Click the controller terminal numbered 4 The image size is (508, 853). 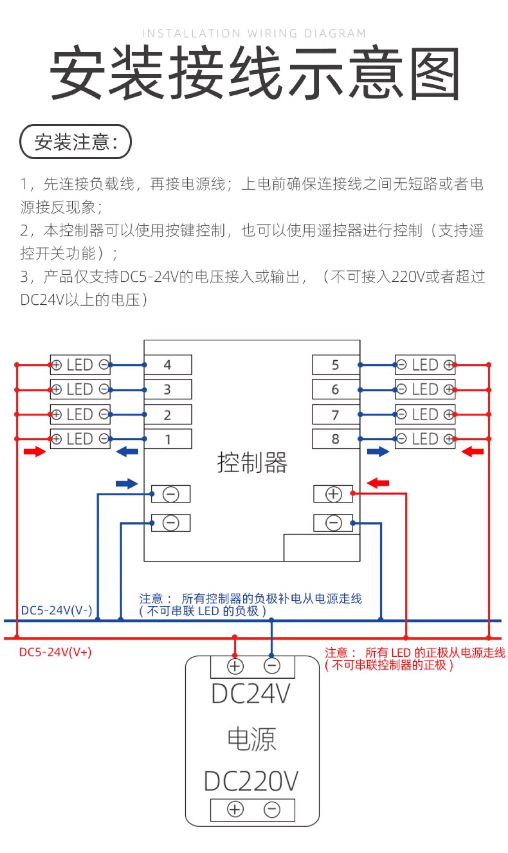(x=167, y=365)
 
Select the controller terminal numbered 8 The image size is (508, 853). (x=336, y=439)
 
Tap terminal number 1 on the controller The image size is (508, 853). (x=167, y=439)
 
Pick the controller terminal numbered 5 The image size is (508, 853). (x=336, y=365)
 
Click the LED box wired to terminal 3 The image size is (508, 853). (x=80, y=390)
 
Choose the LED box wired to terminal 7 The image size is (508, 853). (x=425, y=415)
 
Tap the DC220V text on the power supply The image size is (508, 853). (x=251, y=781)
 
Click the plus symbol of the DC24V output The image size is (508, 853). (x=235, y=666)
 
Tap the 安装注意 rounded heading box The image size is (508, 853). (x=76, y=141)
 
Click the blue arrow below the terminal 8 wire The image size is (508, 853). (x=378, y=452)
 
